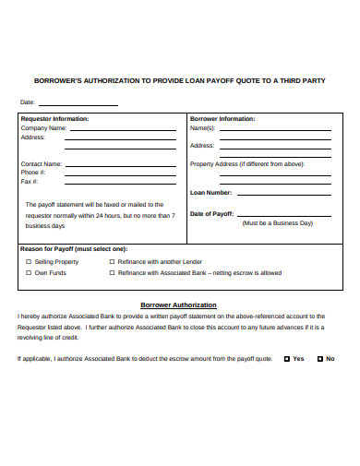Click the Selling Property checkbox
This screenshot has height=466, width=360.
[28, 262]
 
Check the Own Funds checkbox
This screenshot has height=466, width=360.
[28, 273]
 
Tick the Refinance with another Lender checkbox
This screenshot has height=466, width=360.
[112, 262]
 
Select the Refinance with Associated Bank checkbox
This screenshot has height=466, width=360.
[112, 273]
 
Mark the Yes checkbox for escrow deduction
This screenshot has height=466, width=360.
[286, 358]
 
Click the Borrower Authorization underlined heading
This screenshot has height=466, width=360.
[178, 305]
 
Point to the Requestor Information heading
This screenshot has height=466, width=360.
[54, 119]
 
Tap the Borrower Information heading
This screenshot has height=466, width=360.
[222, 119]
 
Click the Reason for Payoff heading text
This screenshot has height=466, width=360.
[74, 249]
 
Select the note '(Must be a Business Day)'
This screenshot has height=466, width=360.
[277, 223]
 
